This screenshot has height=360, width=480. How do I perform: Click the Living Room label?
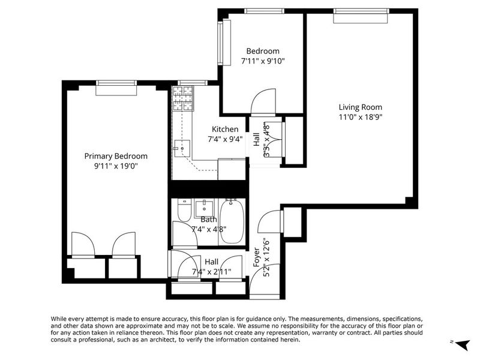pyautogui.click(x=361, y=107)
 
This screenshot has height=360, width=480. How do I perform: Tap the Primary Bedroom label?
pyautogui.click(x=116, y=156)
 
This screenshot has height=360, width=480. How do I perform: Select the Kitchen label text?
pyautogui.click(x=225, y=129)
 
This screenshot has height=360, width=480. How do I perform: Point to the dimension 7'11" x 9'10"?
pyautogui.click(x=263, y=61)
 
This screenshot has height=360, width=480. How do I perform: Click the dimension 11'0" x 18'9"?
pyautogui.click(x=361, y=117)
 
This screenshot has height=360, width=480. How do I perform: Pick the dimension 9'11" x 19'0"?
pyautogui.click(x=116, y=166)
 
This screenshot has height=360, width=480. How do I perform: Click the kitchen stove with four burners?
pyautogui.click(x=184, y=98)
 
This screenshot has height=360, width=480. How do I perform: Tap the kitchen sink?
pyautogui.click(x=182, y=148)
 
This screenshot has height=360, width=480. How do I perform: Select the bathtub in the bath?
pyautogui.click(x=232, y=221)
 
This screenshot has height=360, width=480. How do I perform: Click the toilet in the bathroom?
pyautogui.click(x=185, y=211)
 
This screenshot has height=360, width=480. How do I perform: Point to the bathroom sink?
pyautogui.click(x=204, y=208)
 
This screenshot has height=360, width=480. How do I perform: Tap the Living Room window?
pyautogui.click(x=361, y=16)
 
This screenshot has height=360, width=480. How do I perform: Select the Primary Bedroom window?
pyautogui.click(x=116, y=88)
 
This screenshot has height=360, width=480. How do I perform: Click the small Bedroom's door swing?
pyautogui.click(x=263, y=101)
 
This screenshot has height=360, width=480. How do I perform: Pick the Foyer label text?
pyautogui.click(x=257, y=257)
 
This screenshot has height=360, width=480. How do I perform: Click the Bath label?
pyautogui.click(x=209, y=220)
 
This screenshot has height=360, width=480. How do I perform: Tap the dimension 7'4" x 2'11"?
pyautogui.click(x=212, y=272)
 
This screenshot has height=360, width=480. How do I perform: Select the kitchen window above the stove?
pyautogui.click(x=193, y=83)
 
